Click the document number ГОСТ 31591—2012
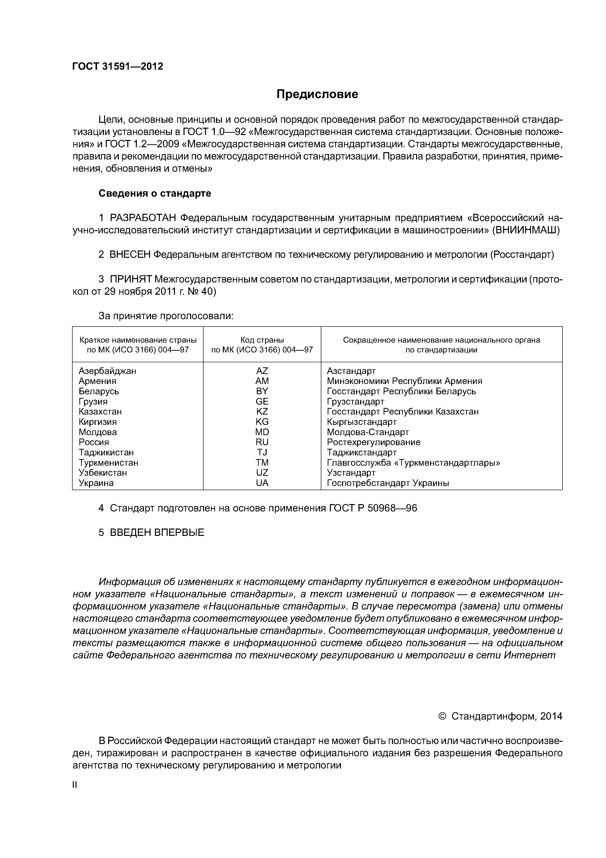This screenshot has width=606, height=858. (x=118, y=67)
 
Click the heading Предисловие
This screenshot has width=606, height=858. (x=317, y=94)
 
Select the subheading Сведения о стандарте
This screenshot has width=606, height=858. (x=155, y=193)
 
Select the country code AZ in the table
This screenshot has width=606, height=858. (x=262, y=371)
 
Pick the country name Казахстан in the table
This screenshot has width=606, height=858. (x=100, y=411)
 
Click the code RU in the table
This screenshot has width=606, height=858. (x=262, y=442)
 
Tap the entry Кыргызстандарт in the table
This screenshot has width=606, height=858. (x=361, y=422)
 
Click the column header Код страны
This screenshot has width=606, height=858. (x=262, y=340)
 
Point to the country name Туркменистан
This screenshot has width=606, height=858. (x=108, y=463)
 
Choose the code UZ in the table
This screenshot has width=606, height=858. (x=262, y=473)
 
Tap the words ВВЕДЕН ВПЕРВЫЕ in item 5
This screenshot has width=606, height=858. (x=157, y=532)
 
